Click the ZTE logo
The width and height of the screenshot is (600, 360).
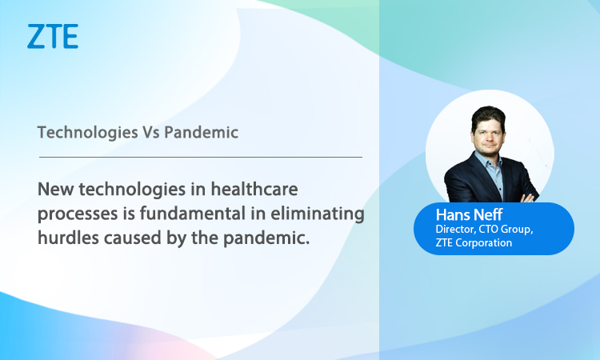point(53,36)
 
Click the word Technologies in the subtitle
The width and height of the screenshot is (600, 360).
point(88,133)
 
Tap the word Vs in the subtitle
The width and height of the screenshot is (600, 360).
point(151,133)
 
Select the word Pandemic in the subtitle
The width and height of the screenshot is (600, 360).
point(202,132)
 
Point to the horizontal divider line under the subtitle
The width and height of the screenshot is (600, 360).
point(201,157)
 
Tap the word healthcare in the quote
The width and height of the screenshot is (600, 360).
point(254,189)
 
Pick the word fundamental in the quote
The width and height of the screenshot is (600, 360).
point(193,213)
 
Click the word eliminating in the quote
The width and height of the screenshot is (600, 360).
point(318,214)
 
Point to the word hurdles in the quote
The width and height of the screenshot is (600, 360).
point(69,238)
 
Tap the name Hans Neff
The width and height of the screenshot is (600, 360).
point(469,215)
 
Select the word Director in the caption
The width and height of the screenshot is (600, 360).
point(455,229)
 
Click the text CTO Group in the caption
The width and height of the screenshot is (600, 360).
point(506,230)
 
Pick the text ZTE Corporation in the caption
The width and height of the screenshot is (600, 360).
point(474,242)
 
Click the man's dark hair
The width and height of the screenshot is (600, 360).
point(488,116)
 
